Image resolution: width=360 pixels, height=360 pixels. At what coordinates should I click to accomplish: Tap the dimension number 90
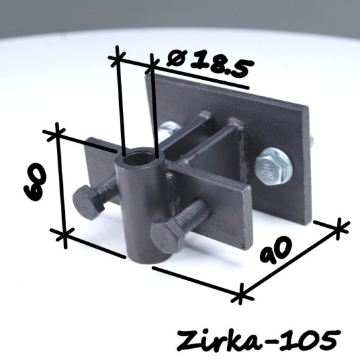point(276,249)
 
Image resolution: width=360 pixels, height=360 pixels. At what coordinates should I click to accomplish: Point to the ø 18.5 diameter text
point(211,62)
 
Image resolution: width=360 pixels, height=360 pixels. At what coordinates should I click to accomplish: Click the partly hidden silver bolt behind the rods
point(169,130)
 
